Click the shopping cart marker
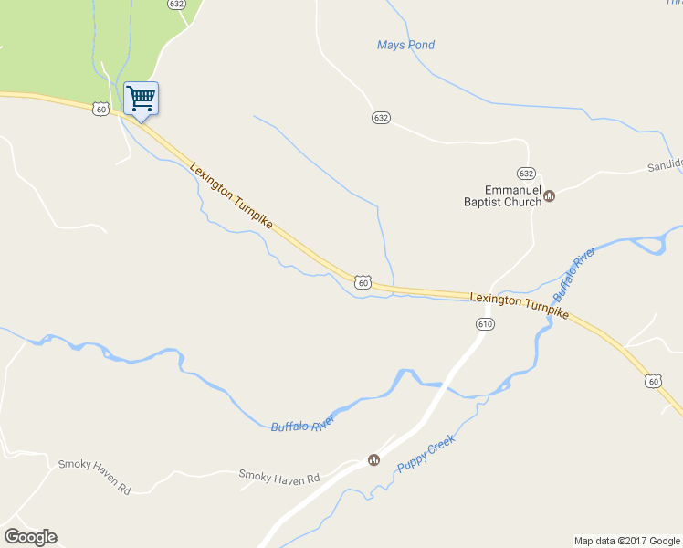pos(141,98)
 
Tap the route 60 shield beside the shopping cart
pos(100,110)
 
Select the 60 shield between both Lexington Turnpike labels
pos(363,283)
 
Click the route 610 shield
pos(485,324)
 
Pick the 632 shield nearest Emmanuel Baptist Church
pos(525,173)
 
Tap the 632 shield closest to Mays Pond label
pos(381,118)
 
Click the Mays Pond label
pos(405,45)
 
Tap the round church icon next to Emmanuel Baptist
pos(550,195)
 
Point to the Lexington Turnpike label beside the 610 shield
pos(519,305)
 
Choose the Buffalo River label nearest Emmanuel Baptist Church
pos(573,274)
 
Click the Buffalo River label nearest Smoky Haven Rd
pos(303,422)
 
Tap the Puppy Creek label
pos(426,453)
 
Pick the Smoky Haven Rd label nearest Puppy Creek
pos(278,476)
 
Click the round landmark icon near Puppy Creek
pos(373,459)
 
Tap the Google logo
pos(30,537)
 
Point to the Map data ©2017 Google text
pos(627,541)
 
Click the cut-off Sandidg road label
pos(664,165)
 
